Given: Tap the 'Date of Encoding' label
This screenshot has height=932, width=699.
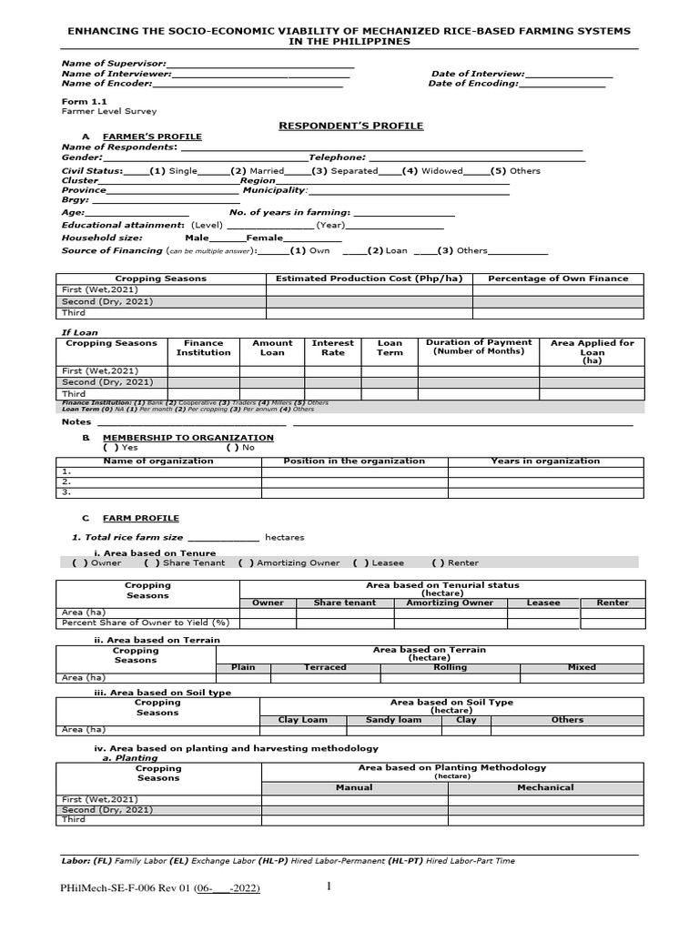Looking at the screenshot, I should pyautogui.click(x=472, y=84).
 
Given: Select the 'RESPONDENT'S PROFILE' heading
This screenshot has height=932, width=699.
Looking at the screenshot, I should pyautogui.click(x=350, y=126).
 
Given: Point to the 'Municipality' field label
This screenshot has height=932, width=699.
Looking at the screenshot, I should pyautogui.click(x=276, y=190).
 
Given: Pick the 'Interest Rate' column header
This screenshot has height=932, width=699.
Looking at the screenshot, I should pyautogui.click(x=333, y=348).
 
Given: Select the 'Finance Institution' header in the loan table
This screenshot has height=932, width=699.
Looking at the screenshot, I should pyautogui.click(x=203, y=348).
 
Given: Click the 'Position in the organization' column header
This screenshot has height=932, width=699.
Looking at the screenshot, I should pyautogui.click(x=354, y=461).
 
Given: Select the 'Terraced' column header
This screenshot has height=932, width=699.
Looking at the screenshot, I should pyautogui.click(x=325, y=667).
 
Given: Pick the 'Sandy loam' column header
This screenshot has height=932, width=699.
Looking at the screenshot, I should pyautogui.click(x=393, y=720).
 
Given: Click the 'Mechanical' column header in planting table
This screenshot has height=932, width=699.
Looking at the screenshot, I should pyautogui.click(x=545, y=787).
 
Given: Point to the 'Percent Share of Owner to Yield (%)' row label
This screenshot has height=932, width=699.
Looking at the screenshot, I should pyautogui.click(x=146, y=623).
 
